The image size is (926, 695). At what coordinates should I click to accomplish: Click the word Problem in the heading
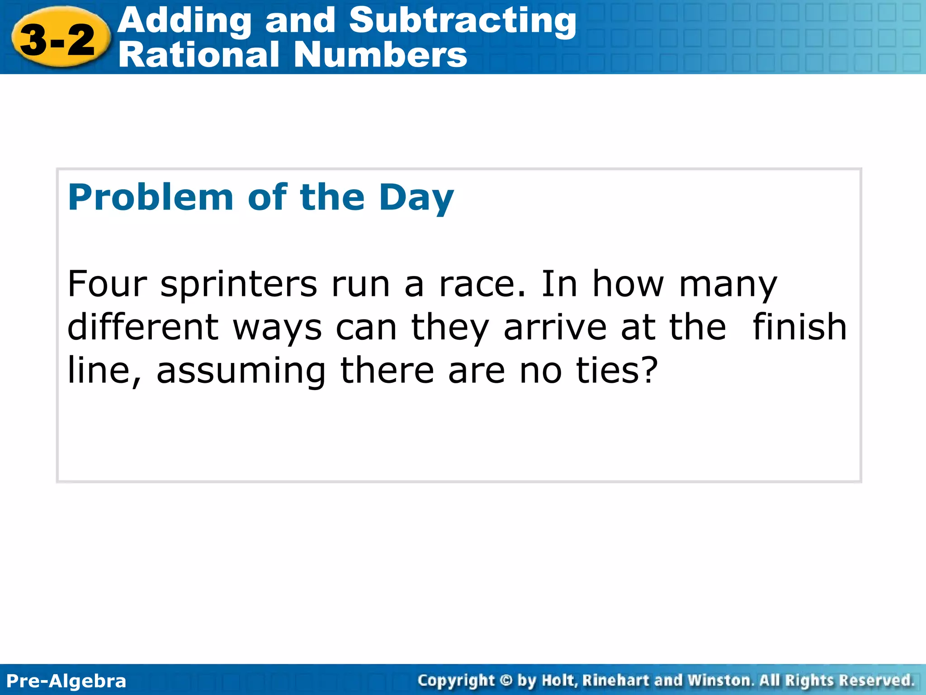(150, 198)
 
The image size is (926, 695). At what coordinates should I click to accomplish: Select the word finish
(799, 327)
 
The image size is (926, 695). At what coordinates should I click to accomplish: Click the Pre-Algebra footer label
(66, 681)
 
